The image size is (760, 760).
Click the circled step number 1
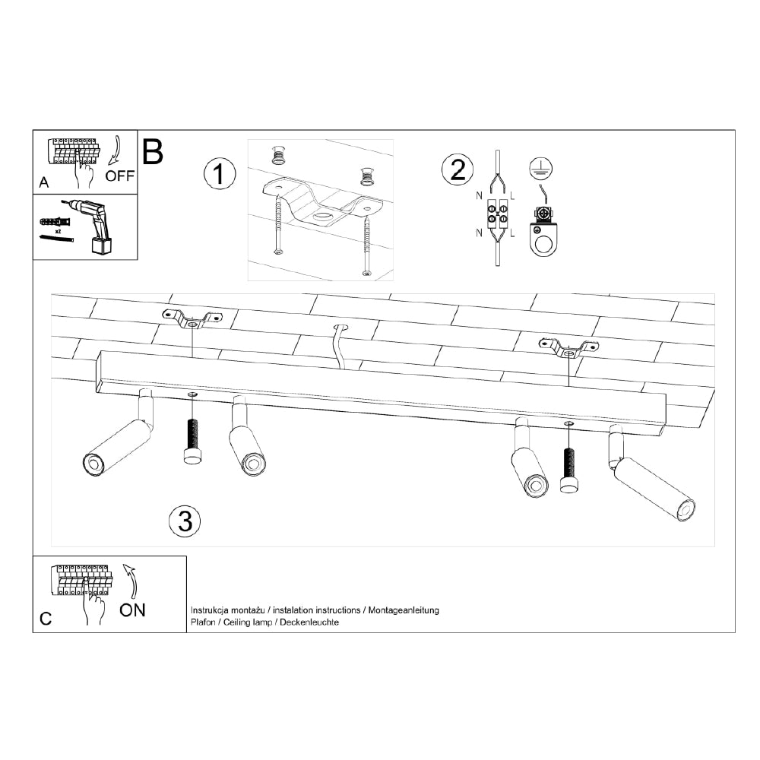(219, 174)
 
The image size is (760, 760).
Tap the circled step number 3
(184, 521)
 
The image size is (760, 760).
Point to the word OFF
(119, 176)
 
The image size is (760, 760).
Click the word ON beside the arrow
(132, 610)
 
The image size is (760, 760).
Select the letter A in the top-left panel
(43, 183)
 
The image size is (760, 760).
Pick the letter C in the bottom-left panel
(46, 619)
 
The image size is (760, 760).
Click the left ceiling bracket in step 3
(191, 319)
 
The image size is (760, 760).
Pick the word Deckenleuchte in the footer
(309, 622)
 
